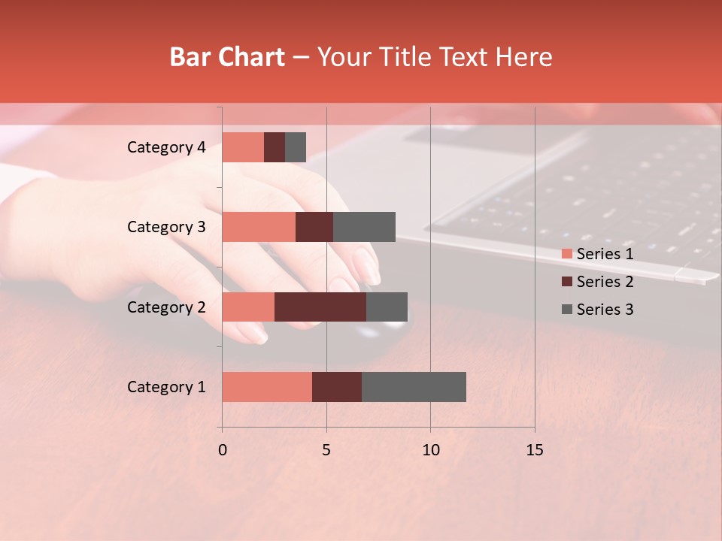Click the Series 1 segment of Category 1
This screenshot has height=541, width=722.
point(267,387)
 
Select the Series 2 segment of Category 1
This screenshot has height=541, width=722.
point(337,387)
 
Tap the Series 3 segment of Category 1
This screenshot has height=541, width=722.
point(414,387)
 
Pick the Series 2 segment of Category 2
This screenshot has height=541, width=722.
point(320,307)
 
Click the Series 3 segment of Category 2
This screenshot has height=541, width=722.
point(387,307)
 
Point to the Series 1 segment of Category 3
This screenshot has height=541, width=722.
point(259,227)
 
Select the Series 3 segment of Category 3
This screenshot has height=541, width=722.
point(364,227)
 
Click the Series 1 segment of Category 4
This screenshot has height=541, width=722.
point(243,147)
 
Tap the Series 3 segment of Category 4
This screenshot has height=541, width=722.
point(296,147)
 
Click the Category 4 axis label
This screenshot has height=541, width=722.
point(166,147)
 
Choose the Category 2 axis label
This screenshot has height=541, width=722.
point(166,307)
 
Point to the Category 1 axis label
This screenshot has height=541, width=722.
point(166,387)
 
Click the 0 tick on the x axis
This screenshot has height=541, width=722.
point(223,450)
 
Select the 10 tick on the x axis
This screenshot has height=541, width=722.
point(430,450)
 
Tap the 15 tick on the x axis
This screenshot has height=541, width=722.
point(534,450)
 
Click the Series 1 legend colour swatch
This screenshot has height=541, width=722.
point(566,254)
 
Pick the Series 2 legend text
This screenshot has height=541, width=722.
point(605,282)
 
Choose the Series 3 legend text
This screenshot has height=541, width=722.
point(605,310)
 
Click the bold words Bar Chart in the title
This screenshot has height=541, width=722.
point(227,57)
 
